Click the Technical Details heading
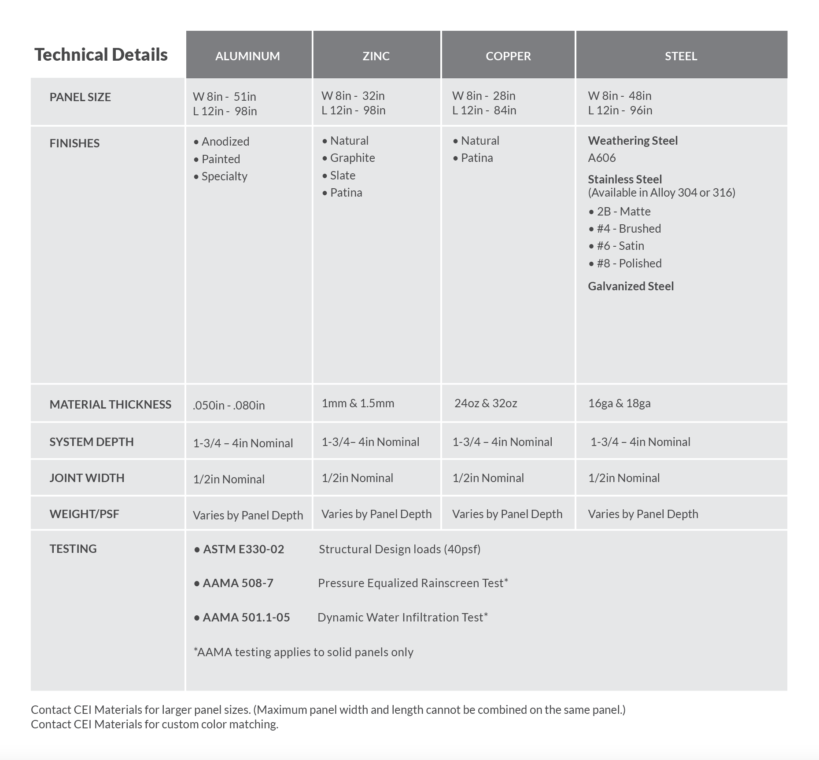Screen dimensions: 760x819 (101, 55)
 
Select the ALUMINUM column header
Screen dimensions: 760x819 (247, 56)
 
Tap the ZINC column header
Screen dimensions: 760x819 (376, 56)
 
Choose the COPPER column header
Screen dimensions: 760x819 (508, 56)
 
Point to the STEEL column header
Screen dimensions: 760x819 (681, 56)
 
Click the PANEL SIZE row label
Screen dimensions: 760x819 (80, 97)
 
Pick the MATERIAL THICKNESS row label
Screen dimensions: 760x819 (110, 405)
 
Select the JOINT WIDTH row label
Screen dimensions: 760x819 (87, 478)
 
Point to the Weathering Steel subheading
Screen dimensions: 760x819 (633, 141)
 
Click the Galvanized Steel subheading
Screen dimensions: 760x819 (631, 286)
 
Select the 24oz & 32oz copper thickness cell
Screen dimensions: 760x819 (486, 403)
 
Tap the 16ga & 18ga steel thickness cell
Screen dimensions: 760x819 (619, 403)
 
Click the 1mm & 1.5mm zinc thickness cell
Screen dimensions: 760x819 (358, 403)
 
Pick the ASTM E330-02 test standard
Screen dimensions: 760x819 (243, 549)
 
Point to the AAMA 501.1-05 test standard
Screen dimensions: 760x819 (246, 617)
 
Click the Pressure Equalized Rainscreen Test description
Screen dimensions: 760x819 (413, 583)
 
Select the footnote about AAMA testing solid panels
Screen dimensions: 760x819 (303, 652)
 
